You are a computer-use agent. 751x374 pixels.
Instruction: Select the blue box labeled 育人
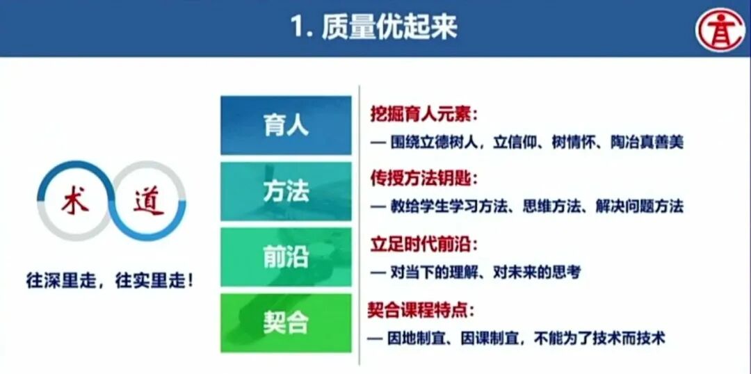(286, 126)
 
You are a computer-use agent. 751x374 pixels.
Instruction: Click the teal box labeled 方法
(286, 191)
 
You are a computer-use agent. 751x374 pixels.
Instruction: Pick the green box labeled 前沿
(286, 257)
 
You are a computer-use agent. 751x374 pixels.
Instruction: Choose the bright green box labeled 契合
(286, 323)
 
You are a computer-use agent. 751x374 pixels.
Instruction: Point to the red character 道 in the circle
(148, 201)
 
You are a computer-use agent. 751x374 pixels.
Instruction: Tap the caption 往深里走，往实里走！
(110, 281)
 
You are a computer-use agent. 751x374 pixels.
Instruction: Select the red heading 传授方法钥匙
(423, 179)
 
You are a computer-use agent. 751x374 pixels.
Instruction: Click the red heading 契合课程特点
(423, 310)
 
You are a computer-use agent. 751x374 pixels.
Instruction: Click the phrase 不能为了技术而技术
(600, 339)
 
